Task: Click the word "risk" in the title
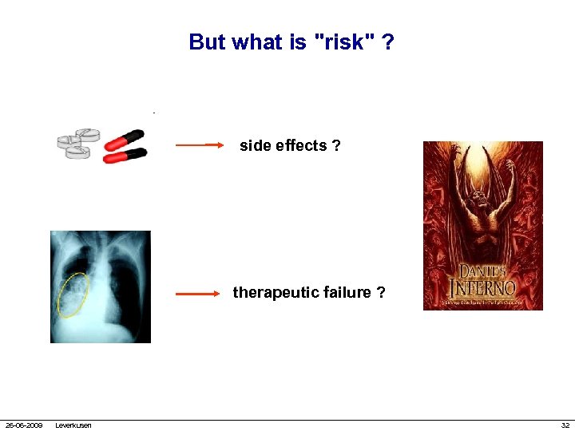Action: click(344, 42)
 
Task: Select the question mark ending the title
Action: click(387, 42)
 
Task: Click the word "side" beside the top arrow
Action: click(256, 146)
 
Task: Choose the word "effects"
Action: click(301, 146)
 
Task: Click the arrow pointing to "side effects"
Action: click(200, 146)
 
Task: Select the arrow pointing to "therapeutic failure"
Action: click(197, 294)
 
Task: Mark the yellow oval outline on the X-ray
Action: click(73, 295)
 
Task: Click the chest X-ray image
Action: click(101, 287)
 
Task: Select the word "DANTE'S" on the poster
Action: click(482, 271)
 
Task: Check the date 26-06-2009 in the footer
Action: click(24, 425)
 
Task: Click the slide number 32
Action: click(565, 425)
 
